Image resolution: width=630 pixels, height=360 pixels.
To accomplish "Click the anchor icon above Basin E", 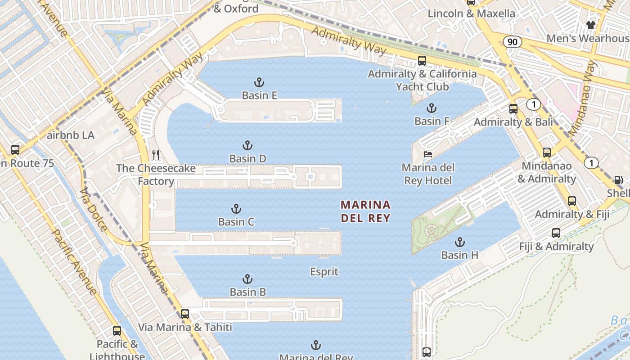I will [x=259, y=82].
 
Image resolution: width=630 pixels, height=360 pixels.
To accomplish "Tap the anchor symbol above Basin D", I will [x=247, y=145].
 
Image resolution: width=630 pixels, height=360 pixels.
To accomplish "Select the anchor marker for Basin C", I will [x=236, y=209].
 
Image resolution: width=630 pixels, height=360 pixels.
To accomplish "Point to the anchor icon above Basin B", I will [x=247, y=279].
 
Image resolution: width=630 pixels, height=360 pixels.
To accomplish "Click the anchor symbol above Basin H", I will [x=459, y=242].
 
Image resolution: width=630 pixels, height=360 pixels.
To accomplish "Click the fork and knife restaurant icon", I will [x=156, y=155].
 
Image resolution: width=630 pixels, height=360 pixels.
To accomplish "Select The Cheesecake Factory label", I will [x=156, y=175].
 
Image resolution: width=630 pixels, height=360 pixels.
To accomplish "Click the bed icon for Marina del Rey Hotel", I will [x=427, y=154].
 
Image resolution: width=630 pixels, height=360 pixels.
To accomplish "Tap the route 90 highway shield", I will [x=513, y=42].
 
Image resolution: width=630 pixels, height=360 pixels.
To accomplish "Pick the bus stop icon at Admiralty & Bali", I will [x=513, y=109].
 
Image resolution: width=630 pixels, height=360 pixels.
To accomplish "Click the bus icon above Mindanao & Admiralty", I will [x=546, y=153].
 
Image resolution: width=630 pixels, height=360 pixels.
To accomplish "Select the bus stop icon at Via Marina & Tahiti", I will [x=184, y=314].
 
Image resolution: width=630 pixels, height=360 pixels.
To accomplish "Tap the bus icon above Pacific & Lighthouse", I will [x=117, y=331].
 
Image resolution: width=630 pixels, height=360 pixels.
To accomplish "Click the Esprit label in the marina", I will [x=324, y=272].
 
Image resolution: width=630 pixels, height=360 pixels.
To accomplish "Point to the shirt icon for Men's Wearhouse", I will [x=590, y=25].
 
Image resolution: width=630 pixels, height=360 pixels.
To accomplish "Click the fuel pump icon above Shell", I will [x=619, y=180].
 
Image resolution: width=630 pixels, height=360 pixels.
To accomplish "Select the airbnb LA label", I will [x=71, y=135].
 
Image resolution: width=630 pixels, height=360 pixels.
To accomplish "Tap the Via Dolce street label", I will [x=93, y=209].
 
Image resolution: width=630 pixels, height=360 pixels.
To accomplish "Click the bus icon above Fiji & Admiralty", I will [x=556, y=233].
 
